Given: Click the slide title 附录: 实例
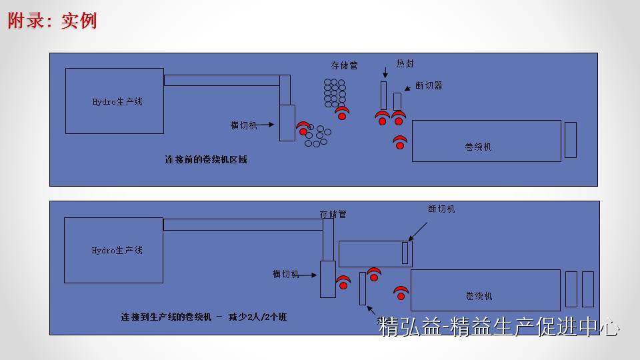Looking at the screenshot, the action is click(x=53, y=21).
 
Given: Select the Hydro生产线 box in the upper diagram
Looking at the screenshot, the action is click(x=115, y=101).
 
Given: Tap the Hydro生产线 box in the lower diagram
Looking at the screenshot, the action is click(x=114, y=250).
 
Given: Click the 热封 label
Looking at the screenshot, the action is click(x=405, y=63).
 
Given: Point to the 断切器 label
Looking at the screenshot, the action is click(x=429, y=85).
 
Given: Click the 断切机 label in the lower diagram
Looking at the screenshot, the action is click(x=441, y=209).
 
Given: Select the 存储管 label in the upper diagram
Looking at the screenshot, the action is click(x=344, y=65).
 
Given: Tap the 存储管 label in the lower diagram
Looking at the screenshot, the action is click(x=333, y=214).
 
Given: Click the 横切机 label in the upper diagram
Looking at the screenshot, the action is click(x=243, y=125).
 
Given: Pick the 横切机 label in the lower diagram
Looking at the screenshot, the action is click(x=285, y=274).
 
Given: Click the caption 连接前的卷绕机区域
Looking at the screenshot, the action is click(x=206, y=160).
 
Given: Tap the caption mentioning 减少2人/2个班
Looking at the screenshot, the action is click(x=204, y=317).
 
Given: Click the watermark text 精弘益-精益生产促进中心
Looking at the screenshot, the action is click(x=499, y=327).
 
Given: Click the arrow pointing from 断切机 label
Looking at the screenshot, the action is click(x=419, y=230).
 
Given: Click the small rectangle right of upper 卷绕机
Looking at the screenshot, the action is click(x=570, y=140).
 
